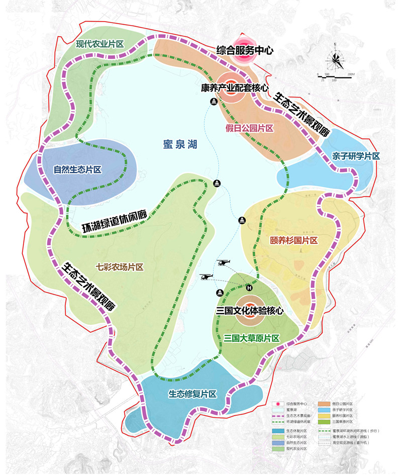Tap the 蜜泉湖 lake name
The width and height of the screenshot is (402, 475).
[x=180, y=145]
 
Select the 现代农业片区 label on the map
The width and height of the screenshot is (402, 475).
[x=100, y=44]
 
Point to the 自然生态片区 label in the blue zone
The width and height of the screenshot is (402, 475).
[x=77, y=170]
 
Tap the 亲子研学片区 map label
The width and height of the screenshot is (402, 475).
[x=356, y=156]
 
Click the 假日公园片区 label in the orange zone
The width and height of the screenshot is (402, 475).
[x=249, y=129]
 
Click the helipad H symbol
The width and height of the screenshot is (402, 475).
[x=248, y=288]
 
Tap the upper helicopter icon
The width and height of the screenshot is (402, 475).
[x=224, y=262]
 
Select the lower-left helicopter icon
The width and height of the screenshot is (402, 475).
[x=207, y=277]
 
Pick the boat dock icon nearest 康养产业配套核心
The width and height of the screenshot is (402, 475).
[x=215, y=102]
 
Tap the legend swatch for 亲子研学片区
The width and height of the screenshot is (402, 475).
[x=325, y=410]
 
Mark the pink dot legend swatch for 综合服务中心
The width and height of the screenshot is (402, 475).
[x=276, y=403]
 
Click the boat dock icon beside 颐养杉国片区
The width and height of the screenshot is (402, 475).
[x=242, y=221]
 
